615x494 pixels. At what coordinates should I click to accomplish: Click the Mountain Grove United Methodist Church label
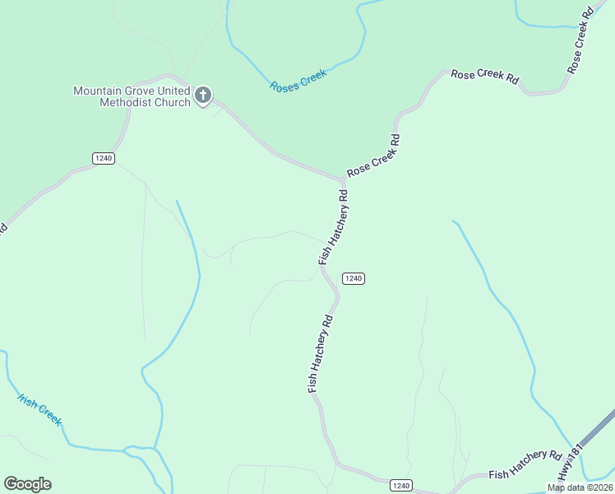click(x=132, y=96)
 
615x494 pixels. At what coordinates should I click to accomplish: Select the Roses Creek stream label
click(x=298, y=80)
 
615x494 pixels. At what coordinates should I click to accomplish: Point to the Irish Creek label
click(x=40, y=409)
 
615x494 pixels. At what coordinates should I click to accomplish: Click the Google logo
click(x=27, y=484)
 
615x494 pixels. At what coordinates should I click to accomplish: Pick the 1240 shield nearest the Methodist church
click(x=103, y=158)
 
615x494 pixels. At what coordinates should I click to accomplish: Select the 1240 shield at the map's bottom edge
click(x=400, y=486)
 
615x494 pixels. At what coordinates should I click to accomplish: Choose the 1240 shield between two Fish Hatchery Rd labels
click(x=353, y=278)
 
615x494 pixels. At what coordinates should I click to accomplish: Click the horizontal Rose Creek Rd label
click(x=485, y=77)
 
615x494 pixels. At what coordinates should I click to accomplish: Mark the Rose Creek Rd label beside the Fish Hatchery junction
click(x=373, y=156)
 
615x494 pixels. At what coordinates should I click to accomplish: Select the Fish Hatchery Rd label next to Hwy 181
click(x=525, y=466)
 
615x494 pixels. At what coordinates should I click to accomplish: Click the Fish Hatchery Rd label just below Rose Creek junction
click(x=334, y=228)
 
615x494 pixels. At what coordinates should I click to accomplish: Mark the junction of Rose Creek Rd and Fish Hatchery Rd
click(x=344, y=179)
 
